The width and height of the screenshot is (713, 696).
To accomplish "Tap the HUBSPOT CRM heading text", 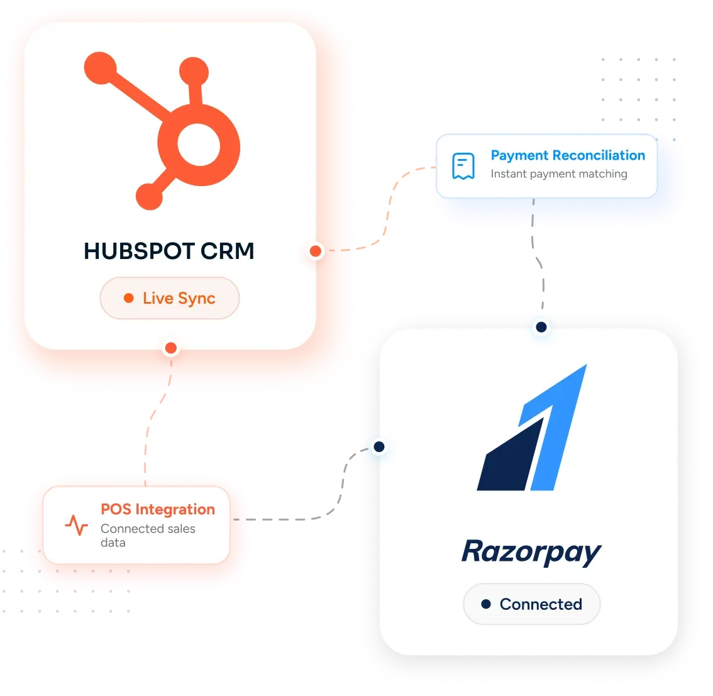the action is [169, 251].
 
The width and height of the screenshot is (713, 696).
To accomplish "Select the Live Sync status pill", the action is [170, 298].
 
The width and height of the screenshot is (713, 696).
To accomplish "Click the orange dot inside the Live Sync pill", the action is [129, 298].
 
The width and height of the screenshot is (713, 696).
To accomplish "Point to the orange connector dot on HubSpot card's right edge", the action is [316, 251].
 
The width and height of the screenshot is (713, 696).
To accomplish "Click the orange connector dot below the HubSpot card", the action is [171, 348].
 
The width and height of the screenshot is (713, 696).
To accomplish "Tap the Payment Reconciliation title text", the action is [568, 155].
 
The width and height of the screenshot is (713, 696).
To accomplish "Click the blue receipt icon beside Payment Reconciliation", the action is [463, 166].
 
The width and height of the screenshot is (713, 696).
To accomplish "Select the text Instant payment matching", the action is [559, 174].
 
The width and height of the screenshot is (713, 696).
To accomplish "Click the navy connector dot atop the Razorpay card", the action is [541, 327].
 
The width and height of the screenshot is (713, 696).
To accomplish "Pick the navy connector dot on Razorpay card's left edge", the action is [379, 447].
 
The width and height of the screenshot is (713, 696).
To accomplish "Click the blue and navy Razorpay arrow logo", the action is [532, 428].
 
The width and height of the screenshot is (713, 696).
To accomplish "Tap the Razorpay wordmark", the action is [531, 553].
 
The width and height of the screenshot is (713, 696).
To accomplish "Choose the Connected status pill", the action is [531, 604].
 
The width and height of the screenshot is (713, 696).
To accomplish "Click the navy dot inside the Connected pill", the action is [486, 604].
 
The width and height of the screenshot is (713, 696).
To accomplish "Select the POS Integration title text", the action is [158, 509].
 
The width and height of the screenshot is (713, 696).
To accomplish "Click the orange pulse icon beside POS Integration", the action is [77, 525].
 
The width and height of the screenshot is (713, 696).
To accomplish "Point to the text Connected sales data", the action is [148, 536].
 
